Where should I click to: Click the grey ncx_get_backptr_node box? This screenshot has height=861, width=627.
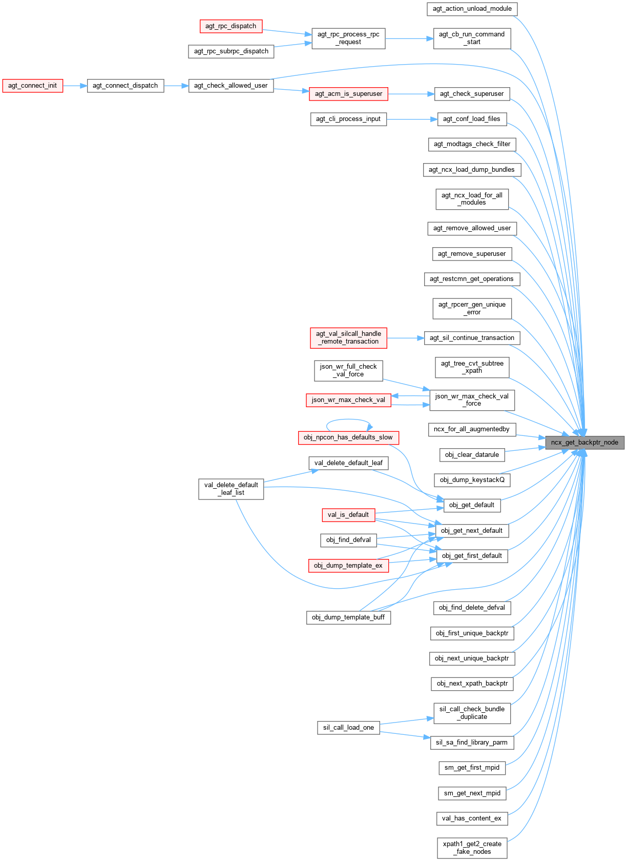(x=584, y=443)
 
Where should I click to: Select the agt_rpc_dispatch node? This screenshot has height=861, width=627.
(x=231, y=26)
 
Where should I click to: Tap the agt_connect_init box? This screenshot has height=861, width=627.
(x=33, y=86)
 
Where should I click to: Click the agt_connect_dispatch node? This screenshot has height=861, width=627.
(x=126, y=86)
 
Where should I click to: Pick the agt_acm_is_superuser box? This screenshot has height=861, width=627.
(x=348, y=94)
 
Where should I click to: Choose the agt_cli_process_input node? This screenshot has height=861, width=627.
(x=348, y=119)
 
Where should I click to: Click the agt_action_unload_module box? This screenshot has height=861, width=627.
(x=472, y=9)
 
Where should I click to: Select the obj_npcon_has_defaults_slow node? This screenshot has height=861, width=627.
(x=348, y=437)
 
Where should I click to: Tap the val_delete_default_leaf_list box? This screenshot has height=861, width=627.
(x=231, y=489)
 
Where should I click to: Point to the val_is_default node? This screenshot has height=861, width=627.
(x=348, y=515)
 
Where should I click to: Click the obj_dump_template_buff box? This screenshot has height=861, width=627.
(x=348, y=617)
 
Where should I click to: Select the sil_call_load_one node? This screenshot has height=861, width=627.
(x=348, y=728)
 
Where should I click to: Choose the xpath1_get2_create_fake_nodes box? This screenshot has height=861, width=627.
(x=472, y=848)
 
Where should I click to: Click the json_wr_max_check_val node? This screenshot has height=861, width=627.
(x=348, y=400)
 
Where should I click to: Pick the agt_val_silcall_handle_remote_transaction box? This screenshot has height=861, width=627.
(x=348, y=337)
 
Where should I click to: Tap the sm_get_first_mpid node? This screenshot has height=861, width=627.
(x=472, y=768)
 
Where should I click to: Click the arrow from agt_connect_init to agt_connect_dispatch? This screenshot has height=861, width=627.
(x=75, y=86)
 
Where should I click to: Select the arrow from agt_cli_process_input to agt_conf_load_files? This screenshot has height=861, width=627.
(x=412, y=119)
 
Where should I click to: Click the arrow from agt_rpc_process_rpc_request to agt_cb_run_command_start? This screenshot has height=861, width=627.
(x=409, y=38)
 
